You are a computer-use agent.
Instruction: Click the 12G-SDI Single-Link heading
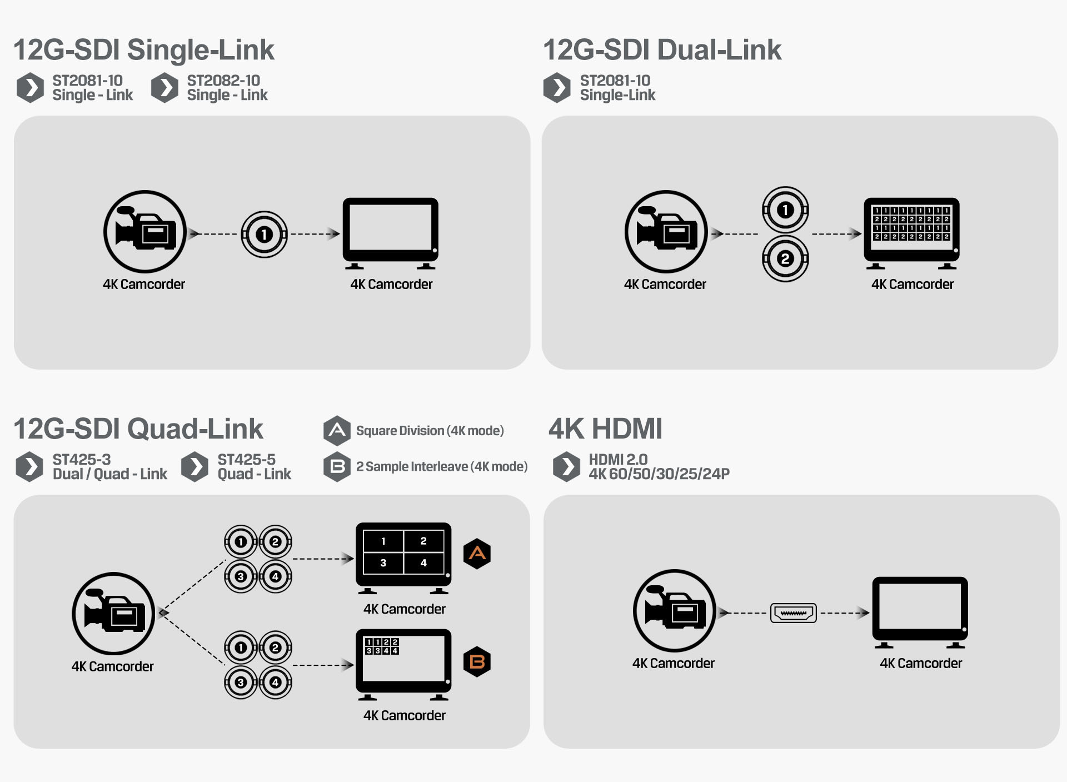pyautogui.click(x=143, y=50)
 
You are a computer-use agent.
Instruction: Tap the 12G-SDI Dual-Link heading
pyautogui.click(x=662, y=50)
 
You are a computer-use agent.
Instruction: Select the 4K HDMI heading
pyautogui.click(x=605, y=429)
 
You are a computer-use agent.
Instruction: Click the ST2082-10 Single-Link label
pyautogui.click(x=227, y=88)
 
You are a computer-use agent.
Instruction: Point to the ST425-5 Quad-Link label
pyautogui.click(x=254, y=467)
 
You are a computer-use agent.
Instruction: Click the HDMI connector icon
pyautogui.click(x=793, y=613)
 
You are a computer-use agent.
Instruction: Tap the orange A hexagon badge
pyautogui.click(x=477, y=554)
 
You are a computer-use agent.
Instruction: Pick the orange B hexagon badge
pyautogui.click(x=477, y=661)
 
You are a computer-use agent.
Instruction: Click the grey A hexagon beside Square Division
pyautogui.click(x=337, y=431)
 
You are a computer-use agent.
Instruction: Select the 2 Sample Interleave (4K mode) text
pyautogui.click(x=442, y=467)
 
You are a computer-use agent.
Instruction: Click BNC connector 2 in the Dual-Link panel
pyautogui.click(x=785, y=259)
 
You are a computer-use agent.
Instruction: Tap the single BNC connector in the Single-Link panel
pyautogui.click(x=264, y=235)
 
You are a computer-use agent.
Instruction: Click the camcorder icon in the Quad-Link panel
pyautogui.click(x=113, y=613)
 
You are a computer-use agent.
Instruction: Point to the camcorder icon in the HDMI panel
pyautogui.click(x=674, y=610)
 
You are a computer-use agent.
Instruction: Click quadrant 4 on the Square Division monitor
pyautogui.click(x=423, y=563)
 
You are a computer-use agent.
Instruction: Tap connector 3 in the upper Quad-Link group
pyautogui.click(x=241, y=576)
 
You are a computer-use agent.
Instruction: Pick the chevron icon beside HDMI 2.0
pyautogui.click(x=566, y=467)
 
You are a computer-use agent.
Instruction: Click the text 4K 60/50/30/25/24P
pyautogui.click(x=659, y=474)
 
